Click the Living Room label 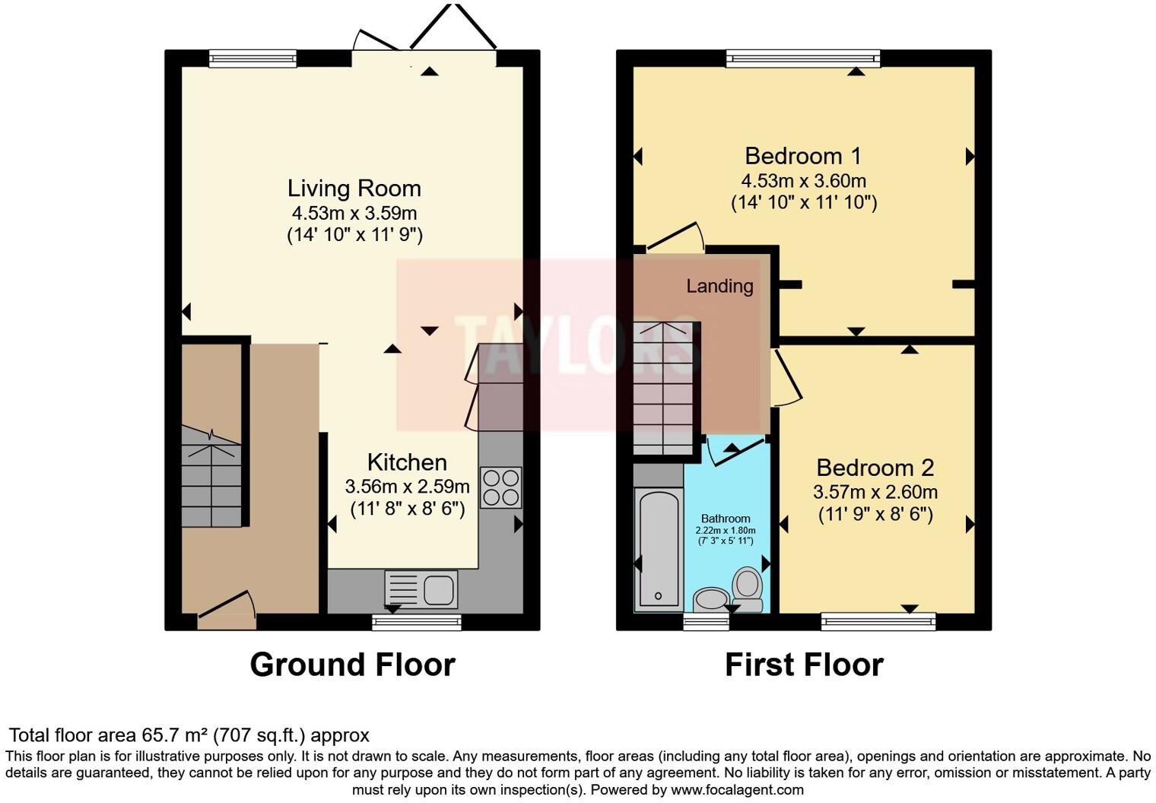click(x=354, y=189)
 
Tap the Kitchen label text click(x=407, y=462)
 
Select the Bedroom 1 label click(x=803, y=156)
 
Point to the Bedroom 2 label click(x=875, y=468)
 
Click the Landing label click(x=719, y=286)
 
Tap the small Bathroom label click(x=726, y=519)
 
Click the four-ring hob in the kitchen click(x=501, y=487)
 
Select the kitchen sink click(x=421, y=589)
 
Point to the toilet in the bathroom click(x=748, y=589)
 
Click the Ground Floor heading click(x=352, y=665)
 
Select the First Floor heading click(x=804, y=665)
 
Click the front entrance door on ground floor click(x=227, y=612)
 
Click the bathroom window click(x=706, y=623)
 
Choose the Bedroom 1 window click(x=803, y=59)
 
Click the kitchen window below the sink click(x=416, y=623)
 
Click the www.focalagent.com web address click(x=737, y=789)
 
